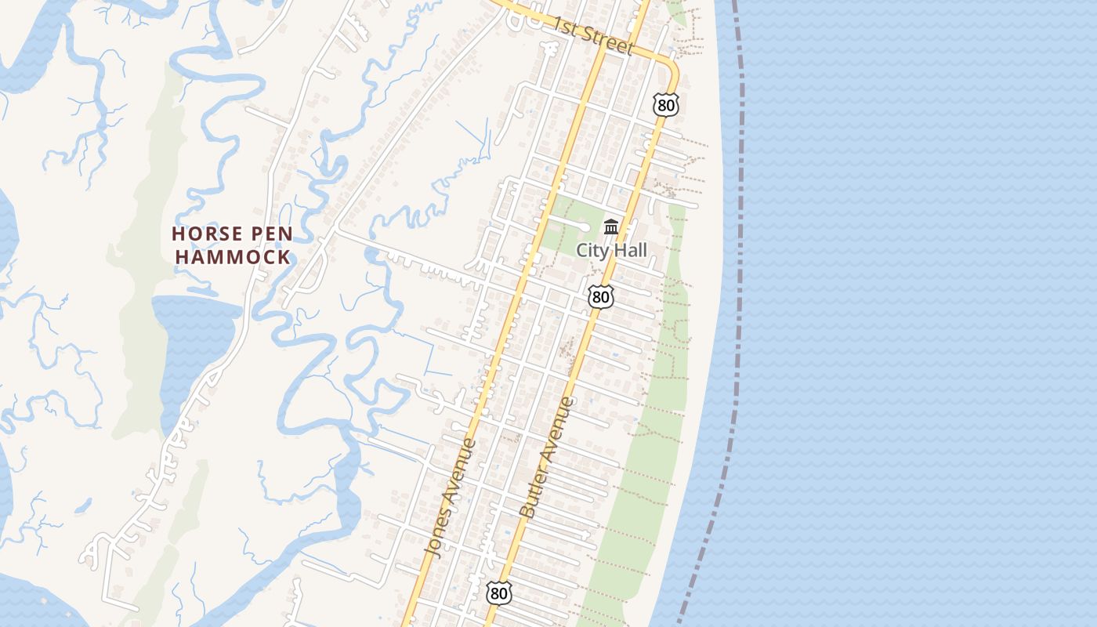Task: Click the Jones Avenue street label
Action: (x=451, y=498)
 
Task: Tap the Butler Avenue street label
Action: (x=548, y=458)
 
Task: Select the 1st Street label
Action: (x=592, y=36)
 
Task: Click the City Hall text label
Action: (x=612, y=250)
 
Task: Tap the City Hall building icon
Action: (x=611, y=228)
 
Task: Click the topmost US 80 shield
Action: (x=665, y=105)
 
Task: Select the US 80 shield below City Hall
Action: (x=600, y=296)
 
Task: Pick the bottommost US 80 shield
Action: (x=498, y=593)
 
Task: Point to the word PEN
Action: (x=272, y=234)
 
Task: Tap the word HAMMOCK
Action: (x=232, y=256)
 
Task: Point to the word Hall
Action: (x=630, y=250)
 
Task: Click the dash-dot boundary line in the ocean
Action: (x=740, y=235)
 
